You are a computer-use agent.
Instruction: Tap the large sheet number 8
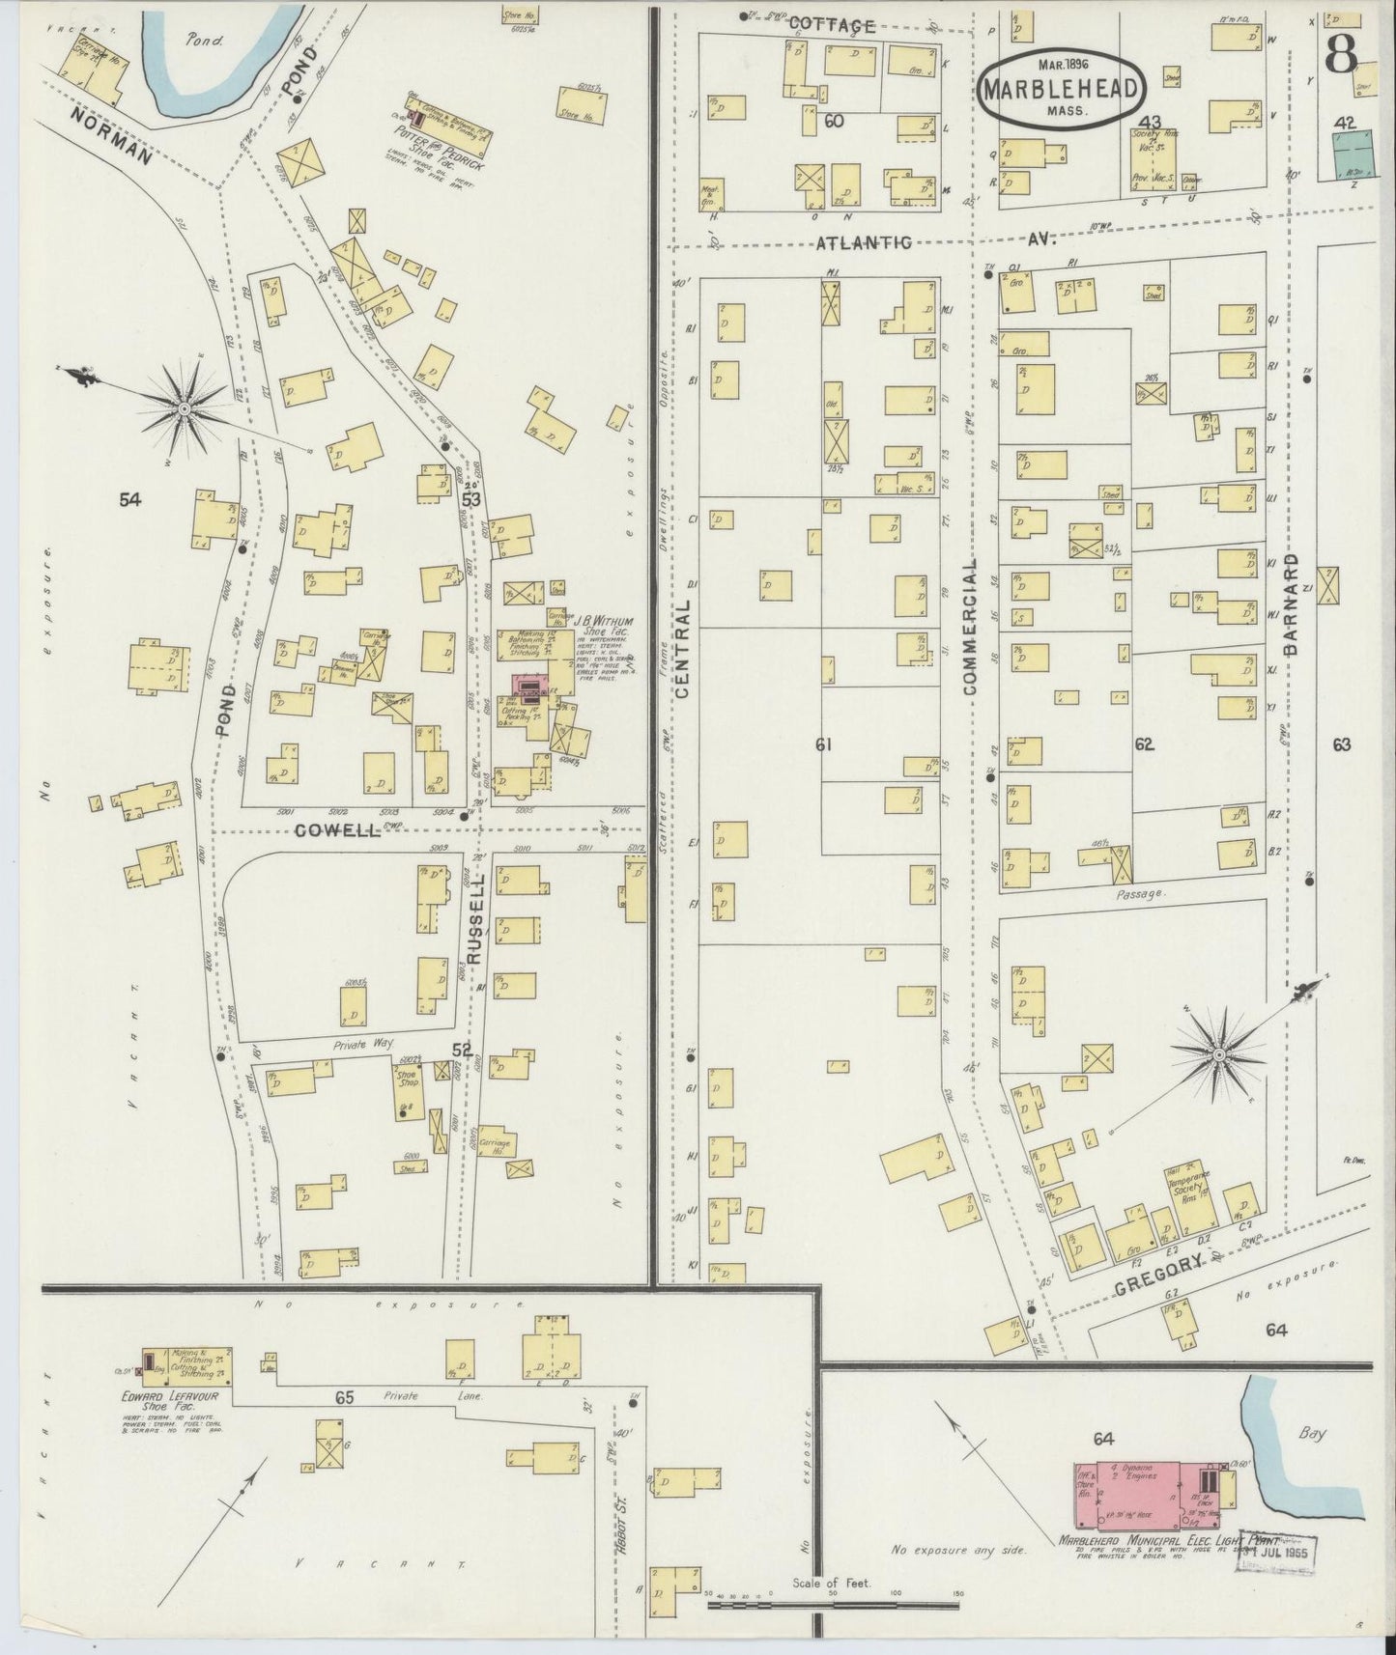[x=1342, y=56]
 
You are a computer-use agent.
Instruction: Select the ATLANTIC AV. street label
[x=866, y=241]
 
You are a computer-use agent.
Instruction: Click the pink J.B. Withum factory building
[x=529, y=687]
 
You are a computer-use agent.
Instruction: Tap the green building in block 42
[x=1353, y=153]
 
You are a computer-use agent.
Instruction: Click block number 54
[x=130, y=499]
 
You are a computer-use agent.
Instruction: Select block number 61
[x=823, y=744]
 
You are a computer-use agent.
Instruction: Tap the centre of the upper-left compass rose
[x=184, y=411]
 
